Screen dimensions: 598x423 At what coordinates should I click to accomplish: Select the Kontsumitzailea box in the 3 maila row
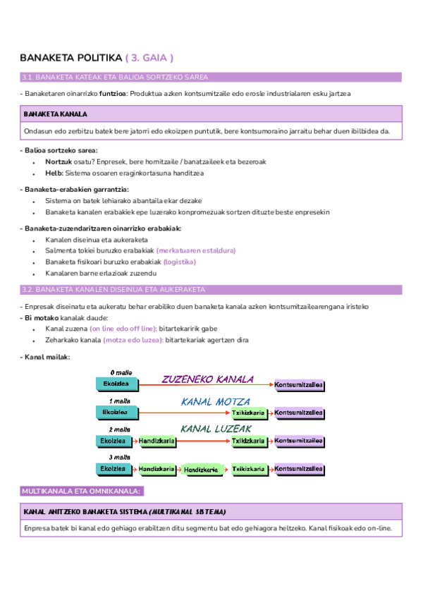click(x=299, y=469)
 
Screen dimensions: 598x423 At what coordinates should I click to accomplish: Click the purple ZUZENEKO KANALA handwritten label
click(x=207, y=379)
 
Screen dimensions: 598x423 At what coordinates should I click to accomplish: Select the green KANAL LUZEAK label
click(x=216, y=428)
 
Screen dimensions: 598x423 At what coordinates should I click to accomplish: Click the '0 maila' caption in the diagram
click(x=121, y=372)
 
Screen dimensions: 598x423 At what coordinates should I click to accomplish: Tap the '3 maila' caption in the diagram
click(x=121, y=457)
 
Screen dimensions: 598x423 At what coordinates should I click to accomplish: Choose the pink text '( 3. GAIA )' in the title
click(x=149, y=57)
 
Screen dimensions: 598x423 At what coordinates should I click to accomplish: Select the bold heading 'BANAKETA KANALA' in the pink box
click(x=55, y=114)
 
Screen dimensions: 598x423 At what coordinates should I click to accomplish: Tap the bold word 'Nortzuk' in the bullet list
click(x=59, y=161)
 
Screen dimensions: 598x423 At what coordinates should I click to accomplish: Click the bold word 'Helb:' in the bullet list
click(x=54, y=173)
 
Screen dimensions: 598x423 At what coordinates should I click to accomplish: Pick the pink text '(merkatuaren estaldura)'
click(x=196, y=250)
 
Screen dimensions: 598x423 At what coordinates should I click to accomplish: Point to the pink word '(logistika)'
click(x=179, y=262)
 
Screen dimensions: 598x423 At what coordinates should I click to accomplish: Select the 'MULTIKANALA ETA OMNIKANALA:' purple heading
click(x=82, y=491)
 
